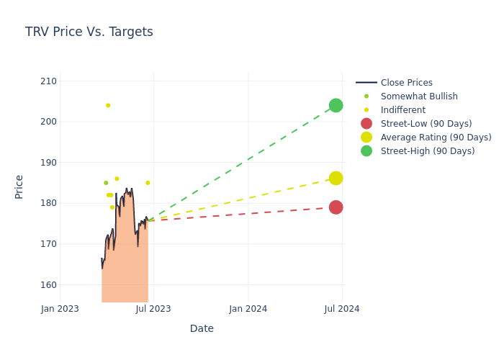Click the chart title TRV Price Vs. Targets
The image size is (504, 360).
pos(89,32)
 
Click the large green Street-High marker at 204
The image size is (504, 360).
pos(336,105)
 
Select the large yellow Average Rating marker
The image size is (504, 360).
pos(336,178)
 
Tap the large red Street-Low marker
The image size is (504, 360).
pos(336,207)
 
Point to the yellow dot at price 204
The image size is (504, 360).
pos(108,105)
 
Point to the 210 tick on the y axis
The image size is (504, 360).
pos(48,81)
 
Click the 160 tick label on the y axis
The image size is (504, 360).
pos(48,284)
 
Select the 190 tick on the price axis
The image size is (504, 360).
pos(48,162)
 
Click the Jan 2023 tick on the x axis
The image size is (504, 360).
pos(60,309)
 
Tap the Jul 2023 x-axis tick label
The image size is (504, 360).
pos(153,309)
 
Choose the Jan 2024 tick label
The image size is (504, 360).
pos(248,309)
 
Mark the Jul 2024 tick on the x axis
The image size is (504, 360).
pos(342,309)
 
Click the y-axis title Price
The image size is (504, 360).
pos(19,186)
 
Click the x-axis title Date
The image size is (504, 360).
pos(202,328)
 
